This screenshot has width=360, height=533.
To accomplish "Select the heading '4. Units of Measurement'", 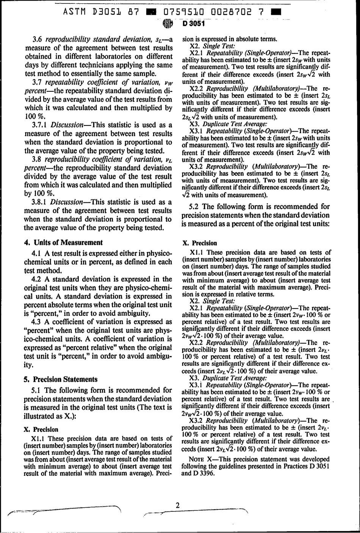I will tap(64, 243).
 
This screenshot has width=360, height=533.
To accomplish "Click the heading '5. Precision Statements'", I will tap(61, 379).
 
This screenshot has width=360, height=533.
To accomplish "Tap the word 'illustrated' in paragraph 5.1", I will tap(40, 416).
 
